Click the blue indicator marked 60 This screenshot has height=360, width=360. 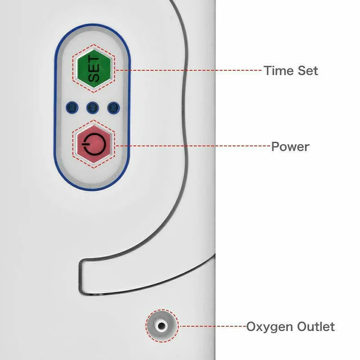pyautogui.click(x=71, y=108)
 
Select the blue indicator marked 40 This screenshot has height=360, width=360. pyautogui.click(x=92, y=108)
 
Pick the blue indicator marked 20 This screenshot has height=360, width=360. pyautogui.click(x=113, y=108)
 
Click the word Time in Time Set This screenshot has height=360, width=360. pyautogui.click(x=276, y=71)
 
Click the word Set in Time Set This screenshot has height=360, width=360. pyautogui.click(x=306, y=71)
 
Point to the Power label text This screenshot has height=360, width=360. pyautogui.click(x=290, y=147)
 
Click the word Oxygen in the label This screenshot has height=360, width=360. pyautogui.click(x=268, y=326)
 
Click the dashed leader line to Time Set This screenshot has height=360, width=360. pyautogui.click(x=189, y=71)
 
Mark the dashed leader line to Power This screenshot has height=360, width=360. pyautogui.click(x=193, y=146)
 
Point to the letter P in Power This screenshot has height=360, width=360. pyautogui.click(x=275, y=147)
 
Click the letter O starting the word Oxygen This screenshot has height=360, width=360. pyautogui.click(x=251, y=326)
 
